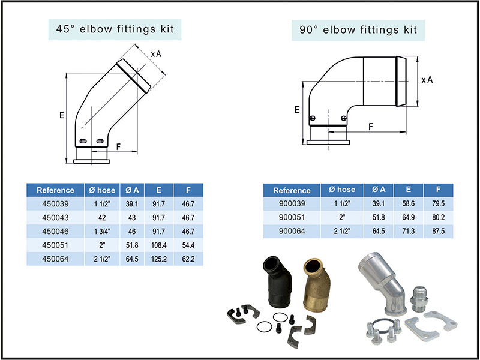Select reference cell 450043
tap(55, 218)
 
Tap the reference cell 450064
tap(55, 259)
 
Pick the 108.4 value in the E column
tap(159, 245)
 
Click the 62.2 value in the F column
tap(188, 259)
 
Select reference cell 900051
tap(292, 218)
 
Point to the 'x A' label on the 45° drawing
tap(156, 54)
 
